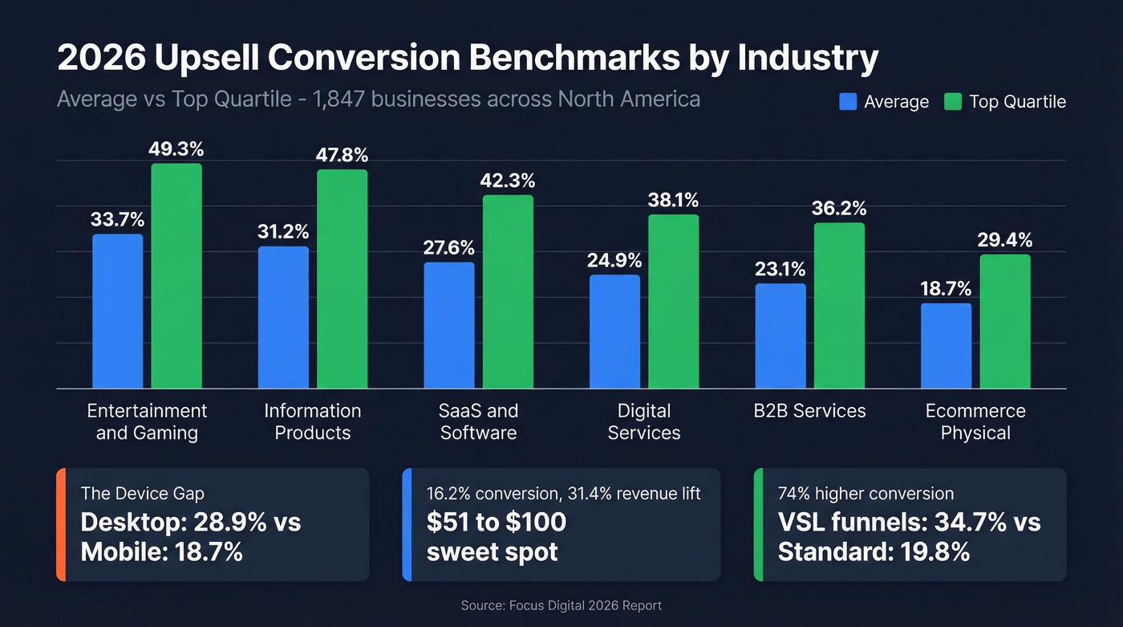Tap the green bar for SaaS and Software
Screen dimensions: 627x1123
508,292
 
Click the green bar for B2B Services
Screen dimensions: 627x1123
839,306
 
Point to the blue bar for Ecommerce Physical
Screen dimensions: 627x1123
946,346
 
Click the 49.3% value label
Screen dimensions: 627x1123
176,149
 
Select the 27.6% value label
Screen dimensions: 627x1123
448,247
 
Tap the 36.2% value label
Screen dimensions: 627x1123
839,208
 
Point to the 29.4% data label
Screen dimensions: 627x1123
1004,239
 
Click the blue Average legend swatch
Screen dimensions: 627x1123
848,102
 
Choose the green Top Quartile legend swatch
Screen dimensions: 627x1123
953,102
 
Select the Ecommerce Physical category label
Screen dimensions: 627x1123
975,422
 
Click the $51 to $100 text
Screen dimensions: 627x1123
497,522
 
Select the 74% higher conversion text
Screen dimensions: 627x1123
866,493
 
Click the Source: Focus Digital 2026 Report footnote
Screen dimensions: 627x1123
561,605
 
